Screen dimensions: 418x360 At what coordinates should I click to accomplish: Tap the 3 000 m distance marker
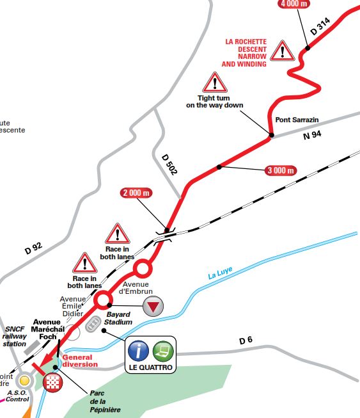click(x=280, y=170)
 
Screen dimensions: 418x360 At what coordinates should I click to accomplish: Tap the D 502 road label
click(x=168, y=165)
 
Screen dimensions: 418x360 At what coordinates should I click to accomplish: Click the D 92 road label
click(x=34, y=247)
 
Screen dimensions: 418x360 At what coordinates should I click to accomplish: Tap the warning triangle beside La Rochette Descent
click(x=281, y=51)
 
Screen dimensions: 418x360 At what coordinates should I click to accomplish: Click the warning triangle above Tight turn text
click(x=215, y=83)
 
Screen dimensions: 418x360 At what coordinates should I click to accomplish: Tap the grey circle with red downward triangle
click(x=152, y=307)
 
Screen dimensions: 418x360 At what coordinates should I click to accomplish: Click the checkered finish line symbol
click(x=52, y=383)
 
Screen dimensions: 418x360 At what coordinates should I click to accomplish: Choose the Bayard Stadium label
click(x=118, y=319)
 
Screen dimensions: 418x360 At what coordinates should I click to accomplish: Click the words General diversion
click(x=81, y=361)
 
